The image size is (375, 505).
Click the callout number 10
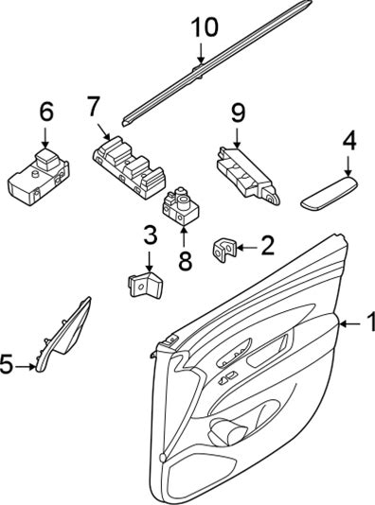point(205,27)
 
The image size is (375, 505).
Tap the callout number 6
point(46,112)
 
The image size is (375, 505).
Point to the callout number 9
point(238,113)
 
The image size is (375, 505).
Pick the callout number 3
point(150,235)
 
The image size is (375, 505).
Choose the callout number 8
point(185,261)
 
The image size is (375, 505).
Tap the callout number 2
point(267,245)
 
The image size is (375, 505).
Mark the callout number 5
point(7,364)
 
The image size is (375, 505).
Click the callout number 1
point(371,322)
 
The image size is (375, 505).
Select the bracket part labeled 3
point(145,283)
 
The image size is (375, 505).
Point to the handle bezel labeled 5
point(64,334)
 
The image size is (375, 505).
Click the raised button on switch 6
point(45,159)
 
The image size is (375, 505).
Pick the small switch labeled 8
point(181,205)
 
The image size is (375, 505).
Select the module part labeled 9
point(248,175)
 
